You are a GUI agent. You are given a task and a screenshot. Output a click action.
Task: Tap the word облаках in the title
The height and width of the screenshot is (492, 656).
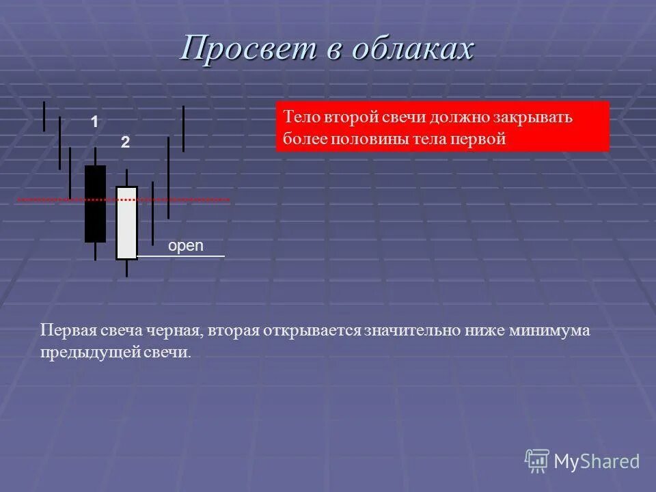(415, 49)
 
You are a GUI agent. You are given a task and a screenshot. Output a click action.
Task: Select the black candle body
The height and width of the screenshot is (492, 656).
(95, 204)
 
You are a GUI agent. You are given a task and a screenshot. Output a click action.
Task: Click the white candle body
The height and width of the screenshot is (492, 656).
(126, 223)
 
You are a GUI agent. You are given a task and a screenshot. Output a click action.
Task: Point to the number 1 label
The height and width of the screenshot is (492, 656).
(94, 122)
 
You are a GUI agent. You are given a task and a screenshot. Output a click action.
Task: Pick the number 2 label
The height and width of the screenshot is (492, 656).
(125, 143)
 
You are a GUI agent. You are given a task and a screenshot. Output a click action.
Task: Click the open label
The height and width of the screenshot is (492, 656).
(186, 246)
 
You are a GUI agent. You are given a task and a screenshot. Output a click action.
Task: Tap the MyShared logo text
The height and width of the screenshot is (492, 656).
(597, 461)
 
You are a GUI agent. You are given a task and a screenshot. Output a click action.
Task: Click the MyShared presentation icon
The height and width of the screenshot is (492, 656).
(537, 460)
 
